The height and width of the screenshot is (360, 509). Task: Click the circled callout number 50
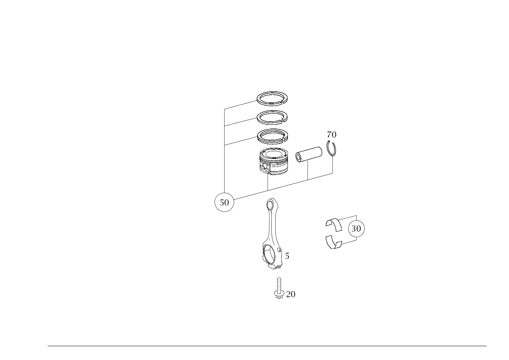click(x=225, y=202)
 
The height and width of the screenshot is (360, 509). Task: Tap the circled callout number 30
click(x=356, y=229)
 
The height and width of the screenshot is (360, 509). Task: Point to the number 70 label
click(x=332, y=135)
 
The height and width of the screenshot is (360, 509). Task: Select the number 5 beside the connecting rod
click(x=287, y=256)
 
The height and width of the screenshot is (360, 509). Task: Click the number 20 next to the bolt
click(x=291, y=294)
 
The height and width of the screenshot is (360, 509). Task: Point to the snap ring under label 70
click(x=332, y=150)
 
